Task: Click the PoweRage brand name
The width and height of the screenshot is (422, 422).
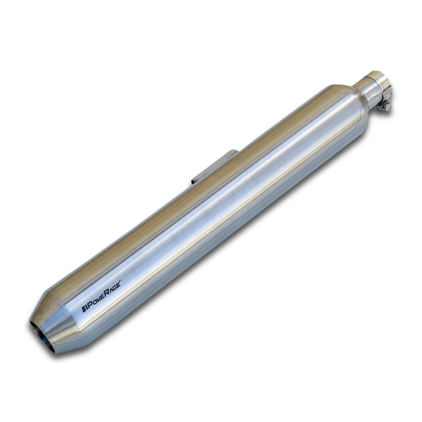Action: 101,303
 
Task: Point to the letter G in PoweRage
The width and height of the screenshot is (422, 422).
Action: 114,299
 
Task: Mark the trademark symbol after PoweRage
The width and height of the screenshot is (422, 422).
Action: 121,295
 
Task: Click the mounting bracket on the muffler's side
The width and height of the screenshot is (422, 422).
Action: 214,166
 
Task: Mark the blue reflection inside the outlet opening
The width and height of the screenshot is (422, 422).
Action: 46,346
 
